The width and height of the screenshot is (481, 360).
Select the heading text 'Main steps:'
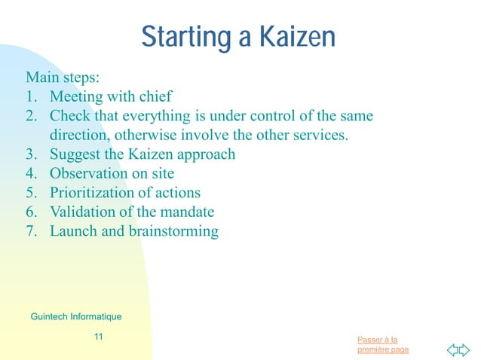57,78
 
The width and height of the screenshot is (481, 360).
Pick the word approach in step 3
208,155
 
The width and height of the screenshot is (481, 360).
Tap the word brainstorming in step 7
161,232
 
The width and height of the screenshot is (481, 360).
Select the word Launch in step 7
73,232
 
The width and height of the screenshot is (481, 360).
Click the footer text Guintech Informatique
75,316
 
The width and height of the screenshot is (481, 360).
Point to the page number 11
98,337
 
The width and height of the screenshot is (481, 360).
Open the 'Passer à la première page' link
383,345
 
